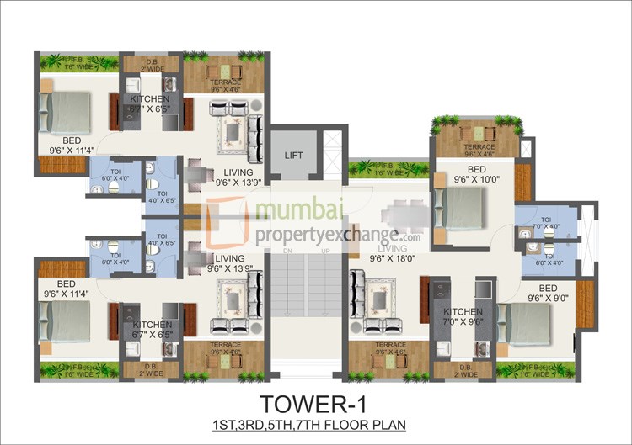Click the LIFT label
(x=293, y=156)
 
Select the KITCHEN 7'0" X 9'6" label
(x=463, y=315)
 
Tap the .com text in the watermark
(x=411, y=238)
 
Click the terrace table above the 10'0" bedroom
(x=478, y=133)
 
